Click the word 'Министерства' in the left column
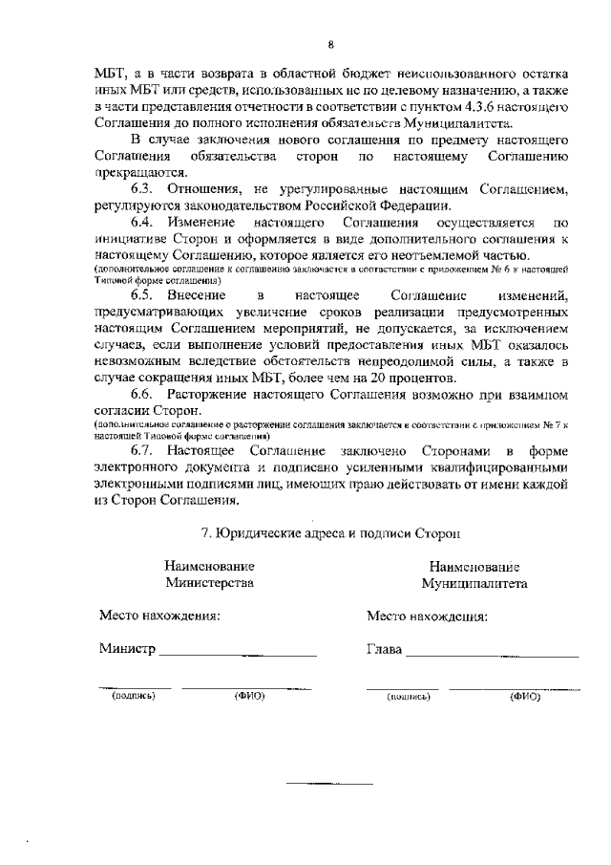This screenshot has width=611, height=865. [x=209, y=582]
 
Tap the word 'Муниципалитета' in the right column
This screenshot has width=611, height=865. [x=474, y=583]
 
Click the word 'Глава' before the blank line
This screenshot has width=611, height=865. [x=385, y=650]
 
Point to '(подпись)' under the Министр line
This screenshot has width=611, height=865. [x=134, y=696]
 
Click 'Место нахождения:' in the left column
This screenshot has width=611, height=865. [x=159, y=616]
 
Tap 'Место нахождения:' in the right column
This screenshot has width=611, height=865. [x=428, y=616]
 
